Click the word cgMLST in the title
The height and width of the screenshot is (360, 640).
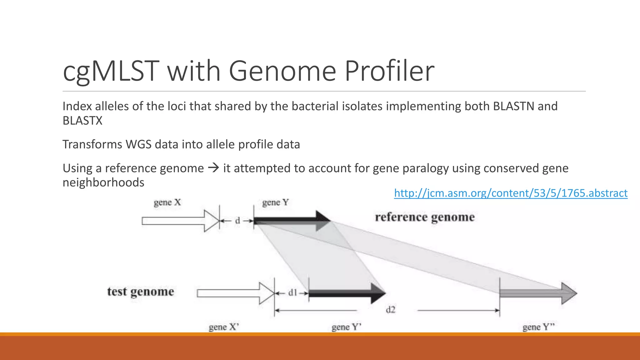111,71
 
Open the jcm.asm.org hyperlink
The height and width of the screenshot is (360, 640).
511,193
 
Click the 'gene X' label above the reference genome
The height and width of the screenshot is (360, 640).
167,202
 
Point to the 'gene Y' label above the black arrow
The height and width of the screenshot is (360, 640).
275,202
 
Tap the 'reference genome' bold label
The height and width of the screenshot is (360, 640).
424,217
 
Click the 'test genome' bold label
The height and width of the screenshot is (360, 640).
141,292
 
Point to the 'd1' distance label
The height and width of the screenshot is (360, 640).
292,293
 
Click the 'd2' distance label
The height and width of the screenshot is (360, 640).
390,310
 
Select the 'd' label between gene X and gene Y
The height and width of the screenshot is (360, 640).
237,221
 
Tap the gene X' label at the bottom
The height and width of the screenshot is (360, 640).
224,327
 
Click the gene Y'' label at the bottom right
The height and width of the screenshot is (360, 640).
538,327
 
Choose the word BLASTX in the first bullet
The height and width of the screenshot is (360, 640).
82,121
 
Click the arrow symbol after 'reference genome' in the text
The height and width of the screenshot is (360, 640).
213,168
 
